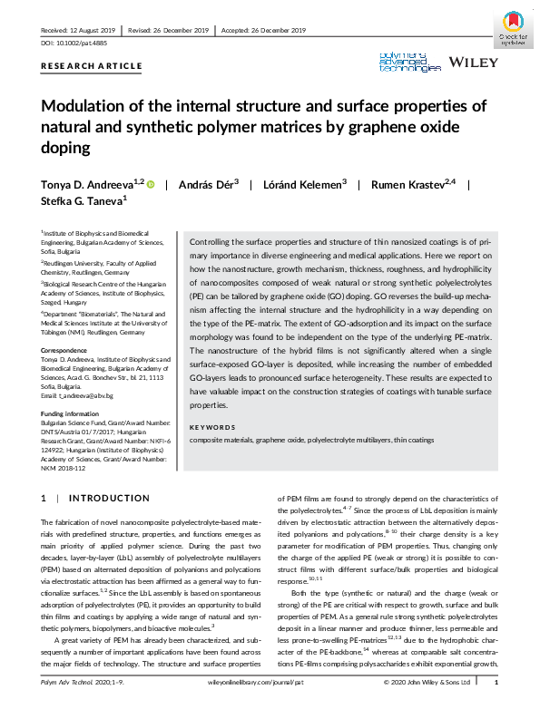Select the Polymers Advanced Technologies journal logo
click(x=409, y=62)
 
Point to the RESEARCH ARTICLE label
click(x=92, y=66)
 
